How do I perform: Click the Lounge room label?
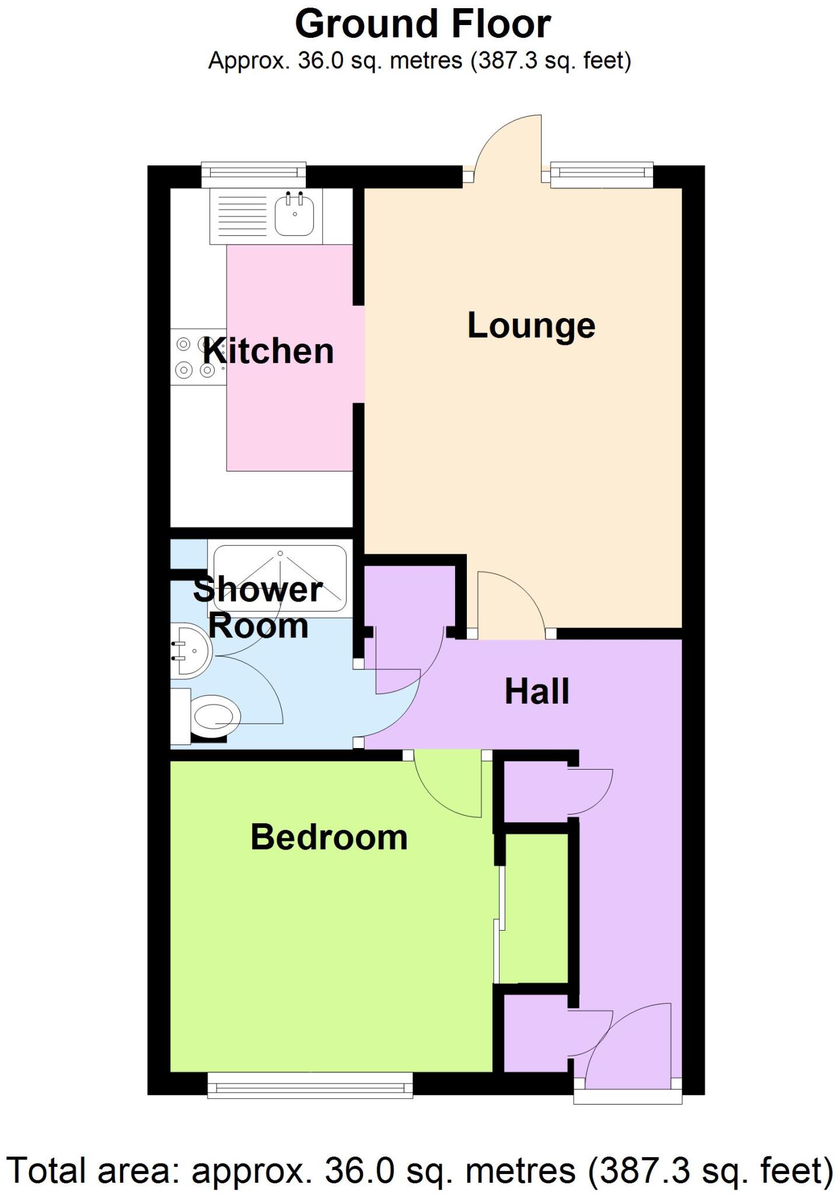coord(531,326)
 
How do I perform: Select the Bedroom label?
coord(329,837)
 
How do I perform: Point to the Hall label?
coord(537,691)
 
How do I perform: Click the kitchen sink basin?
coord(295,215)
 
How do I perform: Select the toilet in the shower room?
coord(213,715)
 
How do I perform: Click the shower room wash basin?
coord(190,651)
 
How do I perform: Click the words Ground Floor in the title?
coord(422,25)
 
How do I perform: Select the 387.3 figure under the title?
coord(506,61)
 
